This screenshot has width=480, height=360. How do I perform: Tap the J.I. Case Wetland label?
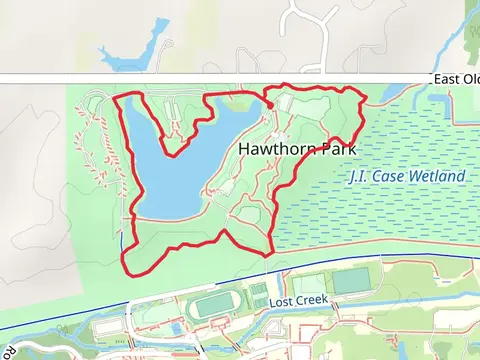tap(407, 177)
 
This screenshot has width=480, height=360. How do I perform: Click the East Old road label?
tap(455, 79)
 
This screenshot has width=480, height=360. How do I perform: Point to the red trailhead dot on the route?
tap(270, 105)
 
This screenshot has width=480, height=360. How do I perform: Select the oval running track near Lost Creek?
tap(212, 305)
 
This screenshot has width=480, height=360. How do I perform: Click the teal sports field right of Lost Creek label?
tap(349, 281)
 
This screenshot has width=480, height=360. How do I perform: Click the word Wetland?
tap(437, 177)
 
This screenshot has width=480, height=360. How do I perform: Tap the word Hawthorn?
tap(266, 149)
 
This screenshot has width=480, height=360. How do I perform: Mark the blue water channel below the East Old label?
tap(400, 92)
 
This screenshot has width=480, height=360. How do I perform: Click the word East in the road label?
tap(444, 79)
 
